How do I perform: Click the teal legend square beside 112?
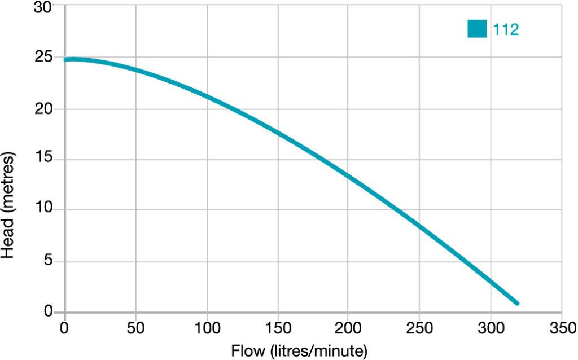click(x=477, y=29)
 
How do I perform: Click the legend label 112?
click(x=506, y=29)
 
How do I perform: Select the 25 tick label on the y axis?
click(x=45, y=58)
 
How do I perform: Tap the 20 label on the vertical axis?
click(x=45, y=109)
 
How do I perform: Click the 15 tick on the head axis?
click(x=45, y=160)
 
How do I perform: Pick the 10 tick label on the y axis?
click(x=45, y=210)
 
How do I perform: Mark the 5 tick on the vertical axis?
click(x=49, y=262)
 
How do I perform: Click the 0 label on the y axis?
click(x=49, y=312)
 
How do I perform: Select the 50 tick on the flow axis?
click(x=135, y=328)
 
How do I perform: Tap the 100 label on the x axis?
click(x=207, y=328)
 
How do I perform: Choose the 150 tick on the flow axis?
click(x=278, y=328)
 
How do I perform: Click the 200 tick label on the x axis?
click(x=348, y=328)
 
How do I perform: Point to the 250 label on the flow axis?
click(x=419, y=328)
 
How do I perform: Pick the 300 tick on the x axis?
click(x=490, y=328)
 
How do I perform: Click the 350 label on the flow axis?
click(x=561, y=328)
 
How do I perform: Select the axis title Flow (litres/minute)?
click(x=299, y=350)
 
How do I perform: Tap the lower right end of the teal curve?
click(x=516, y=303)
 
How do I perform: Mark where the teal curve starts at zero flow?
click(x=66, y=59)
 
